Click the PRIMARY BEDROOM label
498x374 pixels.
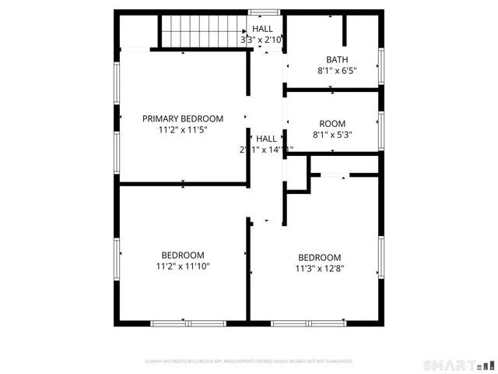coord(183,118)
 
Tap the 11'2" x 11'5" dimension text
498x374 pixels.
coord(183,131)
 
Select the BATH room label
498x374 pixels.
coord(337,59)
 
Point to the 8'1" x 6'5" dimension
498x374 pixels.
coord(337,71)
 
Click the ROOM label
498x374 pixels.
coord(332,124)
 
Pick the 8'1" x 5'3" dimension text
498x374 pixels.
coord(332,135)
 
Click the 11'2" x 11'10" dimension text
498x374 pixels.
coord(183,266)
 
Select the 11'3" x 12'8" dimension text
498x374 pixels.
coord(320,270)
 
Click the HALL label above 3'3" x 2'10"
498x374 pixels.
coord(262,29)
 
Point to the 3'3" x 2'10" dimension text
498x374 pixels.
coord(261,40)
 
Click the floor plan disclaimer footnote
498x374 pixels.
coord(249,362)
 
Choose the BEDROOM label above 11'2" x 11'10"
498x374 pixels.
coord(183,255)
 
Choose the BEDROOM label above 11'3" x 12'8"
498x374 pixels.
coord(320,258)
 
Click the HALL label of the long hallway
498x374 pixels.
coord(266,138)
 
